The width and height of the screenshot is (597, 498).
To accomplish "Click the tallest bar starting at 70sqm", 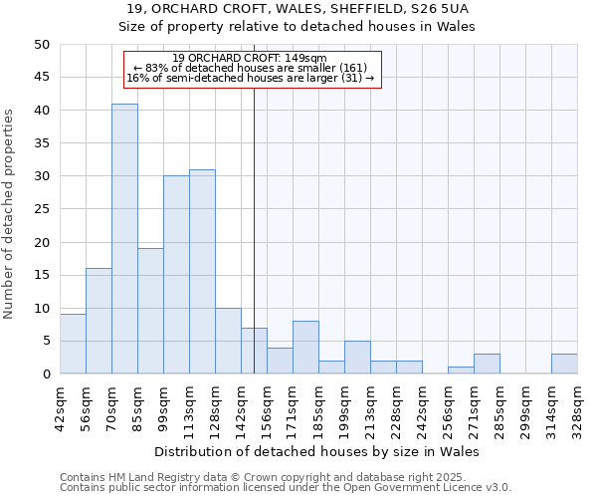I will [x=124, y=239].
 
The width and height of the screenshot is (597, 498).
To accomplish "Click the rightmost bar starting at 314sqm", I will [x=564, y=365].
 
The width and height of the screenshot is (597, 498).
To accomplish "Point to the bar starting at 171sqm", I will [x=305, y=348].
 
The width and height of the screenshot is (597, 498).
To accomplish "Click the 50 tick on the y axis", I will [x=42, y=45].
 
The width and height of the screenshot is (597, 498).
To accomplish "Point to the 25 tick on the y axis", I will [x=42, y=209].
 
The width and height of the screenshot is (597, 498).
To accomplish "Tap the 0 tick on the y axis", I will [x=46, y=374].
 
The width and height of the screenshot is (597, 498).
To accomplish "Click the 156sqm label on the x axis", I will [x=267, y=407].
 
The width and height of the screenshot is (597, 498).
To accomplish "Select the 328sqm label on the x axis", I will [x=577, y=407].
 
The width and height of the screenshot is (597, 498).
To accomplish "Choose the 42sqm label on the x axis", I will [x=60, y=407].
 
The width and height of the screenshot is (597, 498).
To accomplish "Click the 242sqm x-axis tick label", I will [x=422, y=407].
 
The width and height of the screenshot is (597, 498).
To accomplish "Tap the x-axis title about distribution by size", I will [x=317, y=451].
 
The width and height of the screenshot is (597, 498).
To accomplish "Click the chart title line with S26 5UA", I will [x=317, y=9].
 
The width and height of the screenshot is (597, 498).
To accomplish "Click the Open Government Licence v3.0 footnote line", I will [x=286, y=488].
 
